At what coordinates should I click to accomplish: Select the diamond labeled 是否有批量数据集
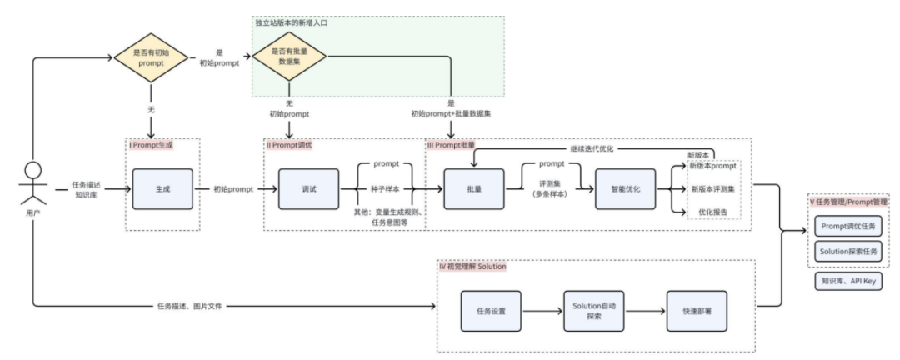(x=290, y=57)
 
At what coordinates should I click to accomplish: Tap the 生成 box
(x=162, y=189)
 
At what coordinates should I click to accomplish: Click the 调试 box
(x=309, y=189)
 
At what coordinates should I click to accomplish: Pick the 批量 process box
(x=474, y=189)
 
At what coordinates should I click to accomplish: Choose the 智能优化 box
(x=626, y=189)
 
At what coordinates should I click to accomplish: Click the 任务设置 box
(x=492, y=311)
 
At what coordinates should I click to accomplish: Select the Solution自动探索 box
(x=593, y=311)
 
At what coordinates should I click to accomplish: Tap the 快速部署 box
(x=696, y=311)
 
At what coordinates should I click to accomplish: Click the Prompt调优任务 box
(x=848, y=226)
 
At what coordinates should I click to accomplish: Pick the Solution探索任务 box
(x=848, y=252)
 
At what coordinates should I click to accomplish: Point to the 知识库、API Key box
(x=848, y=282)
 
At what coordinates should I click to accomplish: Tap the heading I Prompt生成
(x=151, y=145)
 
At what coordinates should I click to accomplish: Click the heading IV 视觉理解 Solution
(x=473, y=267)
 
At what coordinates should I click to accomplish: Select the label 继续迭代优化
(x=592, y=149)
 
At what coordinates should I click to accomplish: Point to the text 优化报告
(x=712, y=212)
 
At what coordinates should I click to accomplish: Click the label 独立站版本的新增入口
(x=292, y=23)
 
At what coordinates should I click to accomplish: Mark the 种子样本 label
(x=384, y=189)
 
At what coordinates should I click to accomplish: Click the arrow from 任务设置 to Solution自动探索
(x=542, y=311)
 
